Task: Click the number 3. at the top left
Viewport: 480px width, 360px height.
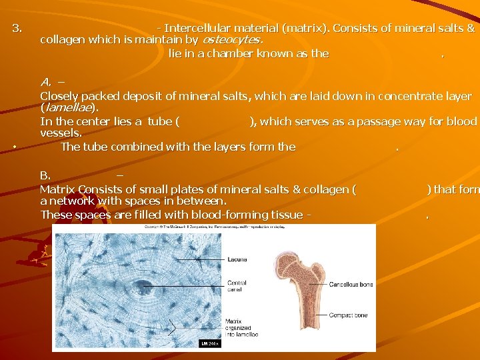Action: [17, 29]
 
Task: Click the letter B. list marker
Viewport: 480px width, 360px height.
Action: [45, 175]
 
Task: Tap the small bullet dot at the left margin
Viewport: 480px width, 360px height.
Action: [15, 147]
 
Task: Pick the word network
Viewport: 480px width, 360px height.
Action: [73, 201]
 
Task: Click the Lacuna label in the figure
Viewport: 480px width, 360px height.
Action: [237, 259]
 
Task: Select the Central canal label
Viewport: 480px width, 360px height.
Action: [237, 286]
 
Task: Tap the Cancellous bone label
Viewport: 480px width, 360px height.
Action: [351, 285]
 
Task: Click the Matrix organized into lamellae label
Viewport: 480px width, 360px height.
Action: [238, 328]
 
